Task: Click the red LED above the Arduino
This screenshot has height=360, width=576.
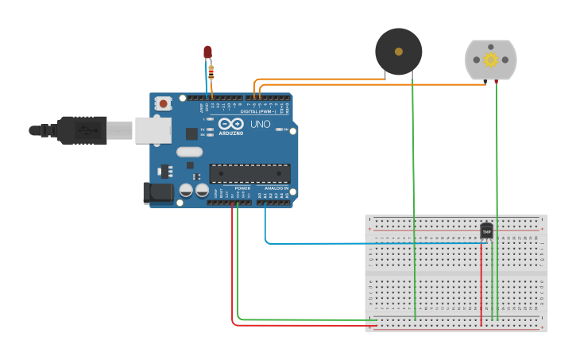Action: [x=207, y=52]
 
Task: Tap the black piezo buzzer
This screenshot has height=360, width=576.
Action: [x=399, y=52]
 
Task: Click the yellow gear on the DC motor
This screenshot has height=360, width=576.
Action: [x=490, y=60]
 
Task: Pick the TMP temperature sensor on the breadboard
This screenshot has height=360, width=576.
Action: [x=486, y=231]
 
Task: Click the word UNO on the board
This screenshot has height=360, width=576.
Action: [x=260, y=125]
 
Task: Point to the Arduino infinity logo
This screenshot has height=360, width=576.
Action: [x=231, y=124]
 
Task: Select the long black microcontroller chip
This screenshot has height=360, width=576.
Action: [x=249, y=172]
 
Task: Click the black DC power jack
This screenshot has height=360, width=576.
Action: [x=157, y=193]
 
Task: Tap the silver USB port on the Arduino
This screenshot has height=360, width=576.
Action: [x=153, y=130]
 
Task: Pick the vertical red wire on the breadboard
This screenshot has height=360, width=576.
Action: [x=481, y=286]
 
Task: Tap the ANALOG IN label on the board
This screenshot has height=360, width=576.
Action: [x=276, y=188]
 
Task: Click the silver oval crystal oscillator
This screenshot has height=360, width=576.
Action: [x=190, y=152]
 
